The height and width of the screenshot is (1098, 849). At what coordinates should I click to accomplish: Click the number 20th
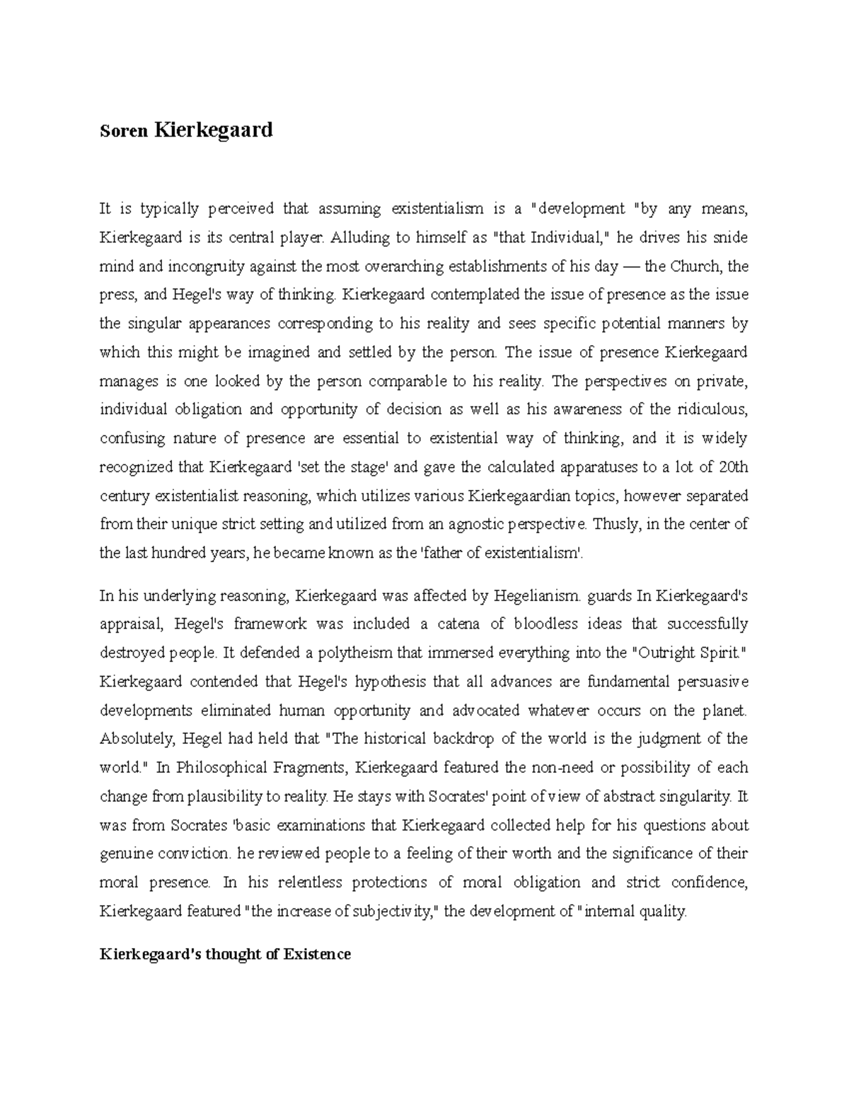[732, 467]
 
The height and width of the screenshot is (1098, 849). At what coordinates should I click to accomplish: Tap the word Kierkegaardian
[520, 496]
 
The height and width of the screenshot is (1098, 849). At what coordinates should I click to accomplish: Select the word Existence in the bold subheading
[317, 954]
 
